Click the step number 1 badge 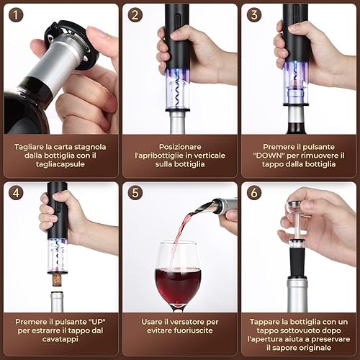click(x=16, y=15)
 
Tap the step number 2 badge click(x=135, y=15)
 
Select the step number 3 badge click(x=254, y=15)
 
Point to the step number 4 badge click(x=16, y=193)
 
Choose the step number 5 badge click(x=135, y=193)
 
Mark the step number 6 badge click(x=254, y=193)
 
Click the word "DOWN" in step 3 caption click(x=269, y=156)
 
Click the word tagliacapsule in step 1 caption click(x=60, y=164)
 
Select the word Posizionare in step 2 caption click(x=180, y=147)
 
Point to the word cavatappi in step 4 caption click(x=60, y=339)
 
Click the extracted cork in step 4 click(x=58, y=280)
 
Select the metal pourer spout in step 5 click(x=206, y=207)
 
